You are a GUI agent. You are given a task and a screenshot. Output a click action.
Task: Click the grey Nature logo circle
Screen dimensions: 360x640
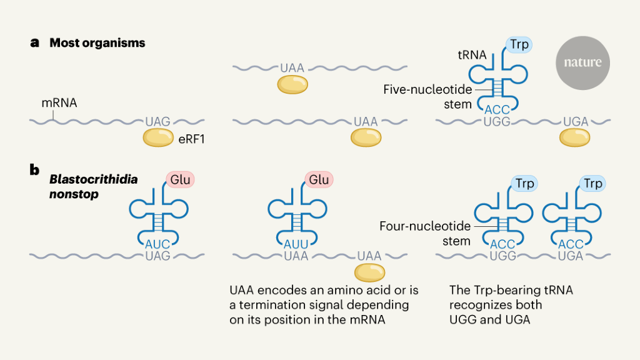[x=582, y=63]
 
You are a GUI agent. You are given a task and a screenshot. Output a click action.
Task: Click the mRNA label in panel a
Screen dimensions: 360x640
[x=59, y=103]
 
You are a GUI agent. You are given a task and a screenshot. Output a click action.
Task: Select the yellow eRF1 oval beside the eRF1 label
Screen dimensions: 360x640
[x=158, y=138]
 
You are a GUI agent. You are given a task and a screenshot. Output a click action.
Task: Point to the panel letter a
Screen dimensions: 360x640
[x=35, y=43]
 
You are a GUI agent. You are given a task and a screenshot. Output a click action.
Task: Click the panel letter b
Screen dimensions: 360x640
[x=35, y=168]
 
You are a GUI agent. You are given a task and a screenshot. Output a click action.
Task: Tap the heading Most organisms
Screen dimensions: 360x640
[x=97, y=43]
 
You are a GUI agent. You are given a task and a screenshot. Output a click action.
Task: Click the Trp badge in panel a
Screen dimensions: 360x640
[x=519, y=45]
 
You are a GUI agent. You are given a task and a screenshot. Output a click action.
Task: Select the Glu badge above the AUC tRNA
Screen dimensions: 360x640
[x=181, y=180]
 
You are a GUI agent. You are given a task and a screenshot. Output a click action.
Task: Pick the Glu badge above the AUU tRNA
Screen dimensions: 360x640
[x=319, y=180]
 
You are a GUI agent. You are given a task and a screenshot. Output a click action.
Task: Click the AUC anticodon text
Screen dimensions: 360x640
[x=157, y=244]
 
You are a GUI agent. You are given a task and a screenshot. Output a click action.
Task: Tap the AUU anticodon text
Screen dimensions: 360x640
[x=296, y=244]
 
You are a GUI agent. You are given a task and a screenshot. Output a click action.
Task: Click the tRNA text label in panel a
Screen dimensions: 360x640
[x=472, y=55]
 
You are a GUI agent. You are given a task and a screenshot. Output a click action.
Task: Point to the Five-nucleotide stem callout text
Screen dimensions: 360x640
[x=427, y=97]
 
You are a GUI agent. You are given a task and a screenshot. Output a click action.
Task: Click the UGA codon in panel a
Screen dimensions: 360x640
[x=576, y=122]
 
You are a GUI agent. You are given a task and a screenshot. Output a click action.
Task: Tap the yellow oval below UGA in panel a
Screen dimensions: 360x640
[x=575, y=138]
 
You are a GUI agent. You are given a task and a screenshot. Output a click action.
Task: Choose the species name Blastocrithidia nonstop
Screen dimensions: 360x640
[x=94, y=186]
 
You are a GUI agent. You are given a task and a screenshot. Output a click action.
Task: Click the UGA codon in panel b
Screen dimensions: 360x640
[x=569, y=256]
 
